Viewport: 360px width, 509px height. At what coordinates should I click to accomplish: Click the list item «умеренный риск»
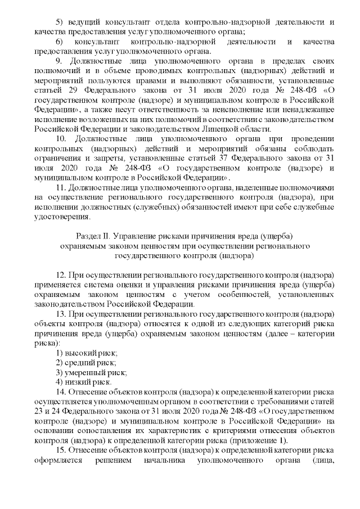click(x=94, y=372)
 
